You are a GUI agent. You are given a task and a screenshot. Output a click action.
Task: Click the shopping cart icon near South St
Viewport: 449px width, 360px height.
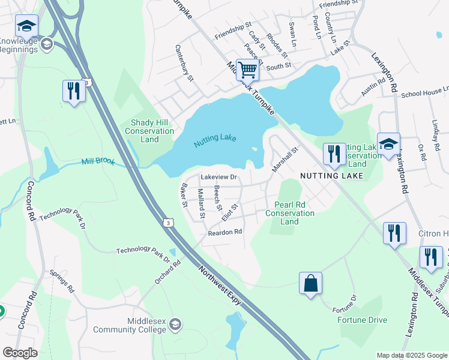coord(247,70)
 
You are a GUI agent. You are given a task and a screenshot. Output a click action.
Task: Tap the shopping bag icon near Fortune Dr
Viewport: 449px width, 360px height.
coord(310,283)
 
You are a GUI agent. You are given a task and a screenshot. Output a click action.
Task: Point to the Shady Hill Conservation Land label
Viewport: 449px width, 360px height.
coord(149,131)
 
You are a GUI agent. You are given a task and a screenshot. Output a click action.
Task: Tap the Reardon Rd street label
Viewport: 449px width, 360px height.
coord(224,232)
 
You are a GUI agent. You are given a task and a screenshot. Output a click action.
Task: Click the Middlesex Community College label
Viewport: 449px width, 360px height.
coord(129,325)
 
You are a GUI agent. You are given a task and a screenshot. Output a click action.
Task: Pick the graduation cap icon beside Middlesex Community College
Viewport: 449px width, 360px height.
coord(175,325)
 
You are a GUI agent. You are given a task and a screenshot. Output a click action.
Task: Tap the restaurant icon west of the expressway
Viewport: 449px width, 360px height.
coord(74,91)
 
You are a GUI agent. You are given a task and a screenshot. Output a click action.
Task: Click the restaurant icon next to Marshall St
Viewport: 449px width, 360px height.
coord(334,154)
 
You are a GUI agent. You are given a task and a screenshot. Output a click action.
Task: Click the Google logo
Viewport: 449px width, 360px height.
coord(20,353)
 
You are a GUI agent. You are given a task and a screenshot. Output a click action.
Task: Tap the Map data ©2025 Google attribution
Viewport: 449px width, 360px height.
coord(412,355)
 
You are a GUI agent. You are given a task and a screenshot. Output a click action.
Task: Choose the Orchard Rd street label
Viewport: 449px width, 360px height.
coord(168,271)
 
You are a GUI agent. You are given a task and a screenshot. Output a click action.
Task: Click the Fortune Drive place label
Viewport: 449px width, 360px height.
coord(362,320)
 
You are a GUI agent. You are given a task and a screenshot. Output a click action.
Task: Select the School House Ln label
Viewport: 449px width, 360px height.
coord(425,92)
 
